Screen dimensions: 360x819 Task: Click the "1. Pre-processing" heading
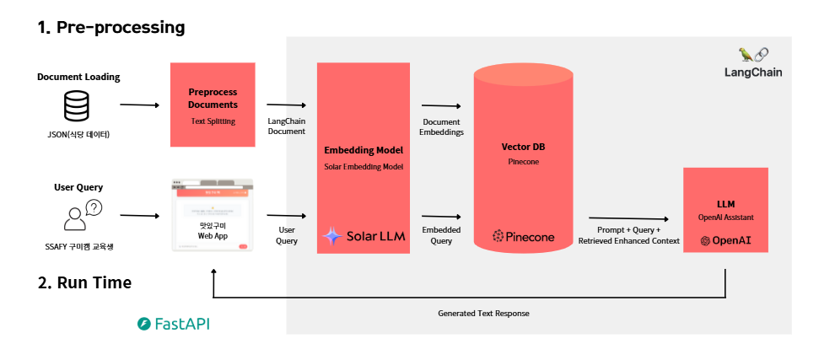(x=110, y=27)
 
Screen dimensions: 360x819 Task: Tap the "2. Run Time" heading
(x=84, y=282)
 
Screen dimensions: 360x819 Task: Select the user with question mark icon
(x=82, y=215)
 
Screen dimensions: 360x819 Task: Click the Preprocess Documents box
(x=213, y=105)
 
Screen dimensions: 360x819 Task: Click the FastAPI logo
(x=173, y=324)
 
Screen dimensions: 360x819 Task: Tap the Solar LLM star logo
(x=331, y=237)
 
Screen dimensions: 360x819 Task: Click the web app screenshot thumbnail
(x=212, y=214)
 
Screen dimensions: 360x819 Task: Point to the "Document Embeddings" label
(x=441, y=126)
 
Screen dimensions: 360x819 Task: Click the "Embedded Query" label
(x=441, y=234)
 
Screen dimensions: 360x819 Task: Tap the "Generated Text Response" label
(x=483, y=313)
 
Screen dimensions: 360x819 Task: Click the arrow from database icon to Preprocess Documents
(x=139, y=105)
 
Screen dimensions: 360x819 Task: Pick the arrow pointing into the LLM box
(x=633, y=218)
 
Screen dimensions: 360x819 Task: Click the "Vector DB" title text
(x=523, y=146)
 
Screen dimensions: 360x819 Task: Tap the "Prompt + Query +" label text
(x=628, y=229)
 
